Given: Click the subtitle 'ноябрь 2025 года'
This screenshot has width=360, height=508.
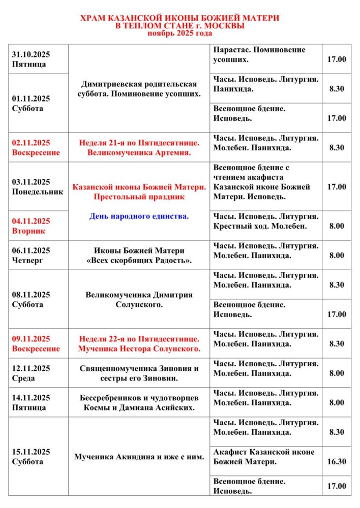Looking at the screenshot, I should click(x=180, y=33).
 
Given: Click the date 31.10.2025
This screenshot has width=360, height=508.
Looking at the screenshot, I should click(x=31, y=54).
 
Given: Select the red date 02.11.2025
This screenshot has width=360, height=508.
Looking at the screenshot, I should click(x=31, y=143).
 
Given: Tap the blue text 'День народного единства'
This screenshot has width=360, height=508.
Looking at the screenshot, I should click(x=139, y=216).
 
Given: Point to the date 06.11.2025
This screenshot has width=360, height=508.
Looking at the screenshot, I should click(x=31, y=250).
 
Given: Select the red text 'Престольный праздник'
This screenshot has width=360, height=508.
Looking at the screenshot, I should click(x=139, y=197).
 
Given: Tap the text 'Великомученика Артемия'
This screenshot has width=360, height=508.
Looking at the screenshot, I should click(x=139, y=152).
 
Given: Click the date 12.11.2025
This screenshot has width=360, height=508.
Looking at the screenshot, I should click(x=31, y=368).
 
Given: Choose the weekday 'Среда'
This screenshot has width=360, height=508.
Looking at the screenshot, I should click(x=24, y=378).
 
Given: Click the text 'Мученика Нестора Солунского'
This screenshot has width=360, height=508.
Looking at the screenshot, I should click(x=139, y=348).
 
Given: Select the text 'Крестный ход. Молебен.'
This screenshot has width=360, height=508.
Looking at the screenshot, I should click(x=258, y=226).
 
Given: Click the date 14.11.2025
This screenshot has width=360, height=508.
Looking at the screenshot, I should click(x=31, y=398).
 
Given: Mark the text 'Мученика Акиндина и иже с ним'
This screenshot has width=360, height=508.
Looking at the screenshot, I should click(x=139, y=457).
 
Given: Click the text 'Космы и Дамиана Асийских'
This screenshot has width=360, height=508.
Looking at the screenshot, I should click(x=139, y=407).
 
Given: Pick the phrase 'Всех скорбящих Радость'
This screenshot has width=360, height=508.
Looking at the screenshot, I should click(x=139, y=261).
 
